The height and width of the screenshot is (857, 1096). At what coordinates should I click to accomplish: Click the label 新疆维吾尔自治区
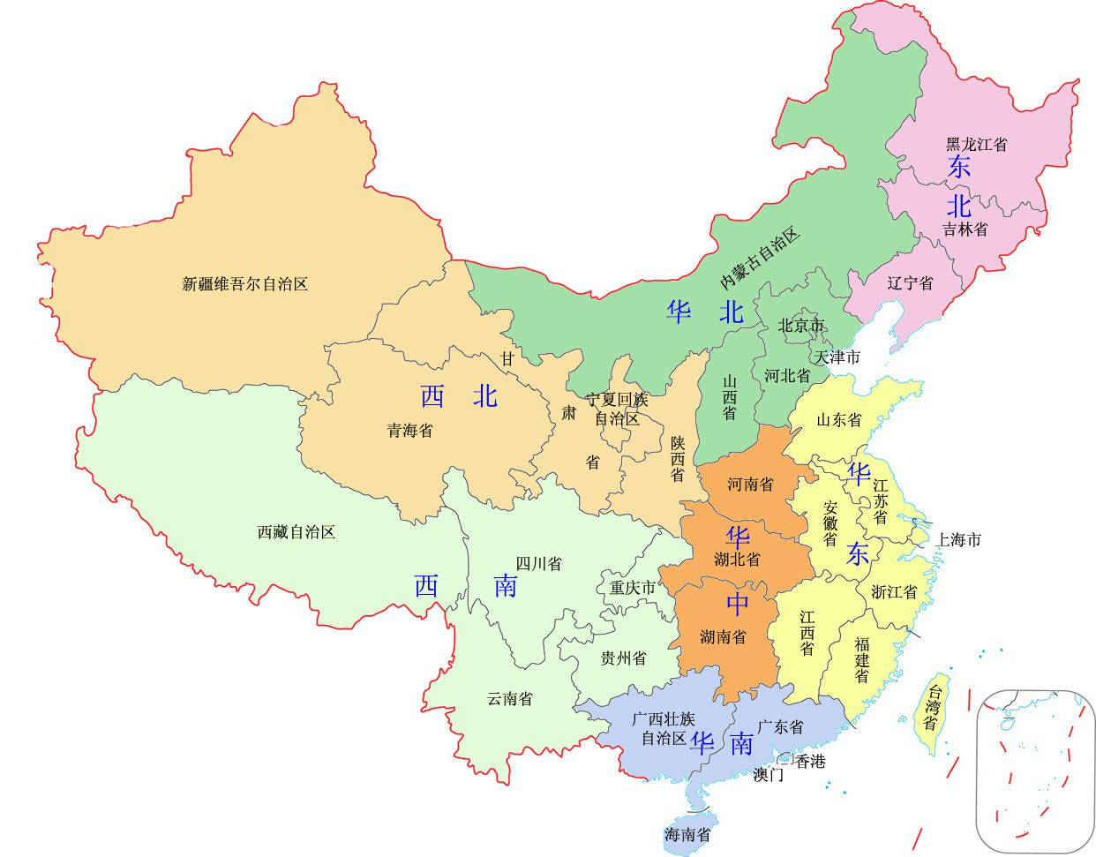244,284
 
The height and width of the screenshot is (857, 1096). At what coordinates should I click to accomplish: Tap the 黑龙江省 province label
976,144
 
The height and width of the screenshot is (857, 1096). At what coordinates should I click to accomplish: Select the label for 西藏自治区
297,532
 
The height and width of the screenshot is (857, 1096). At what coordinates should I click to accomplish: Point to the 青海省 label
410,431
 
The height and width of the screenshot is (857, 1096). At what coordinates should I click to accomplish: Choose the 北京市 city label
800,326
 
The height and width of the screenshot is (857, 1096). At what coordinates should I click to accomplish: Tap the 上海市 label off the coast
958,539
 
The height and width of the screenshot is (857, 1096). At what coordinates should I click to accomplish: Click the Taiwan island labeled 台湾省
931,710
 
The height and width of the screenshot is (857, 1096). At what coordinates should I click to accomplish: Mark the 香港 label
810,761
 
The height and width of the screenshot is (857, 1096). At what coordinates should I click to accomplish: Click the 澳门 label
768,775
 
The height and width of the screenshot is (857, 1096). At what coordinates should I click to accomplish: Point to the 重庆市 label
633,588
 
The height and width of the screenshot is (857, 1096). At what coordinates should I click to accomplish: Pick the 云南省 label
509,699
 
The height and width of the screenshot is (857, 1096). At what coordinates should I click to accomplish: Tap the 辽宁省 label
910,283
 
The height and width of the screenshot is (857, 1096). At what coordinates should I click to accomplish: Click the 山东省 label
838,420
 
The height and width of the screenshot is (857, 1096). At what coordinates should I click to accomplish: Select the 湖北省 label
737,559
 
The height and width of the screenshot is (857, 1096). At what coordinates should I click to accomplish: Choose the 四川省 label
538,564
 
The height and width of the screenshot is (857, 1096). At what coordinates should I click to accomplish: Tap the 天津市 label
837,357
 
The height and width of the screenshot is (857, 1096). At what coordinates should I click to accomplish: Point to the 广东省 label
780,727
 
